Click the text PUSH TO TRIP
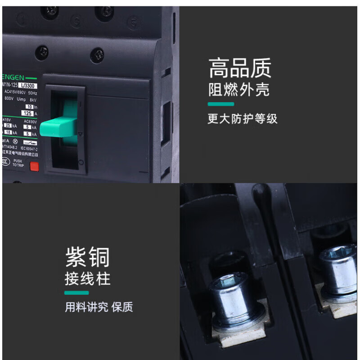point(17,163)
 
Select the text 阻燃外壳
point(238,90)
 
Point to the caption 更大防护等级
point(242,119)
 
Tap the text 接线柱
point(87,279)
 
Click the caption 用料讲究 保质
point(99,307)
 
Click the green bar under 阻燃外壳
point(220,104)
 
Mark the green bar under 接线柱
point(77,293)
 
